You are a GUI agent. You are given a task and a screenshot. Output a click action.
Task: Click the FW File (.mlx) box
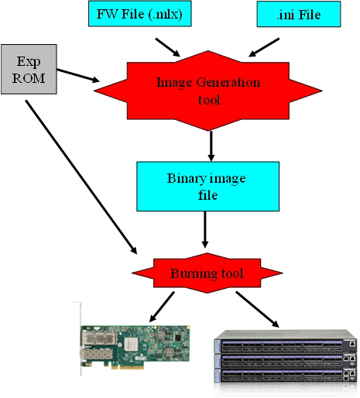[x=140, y=13]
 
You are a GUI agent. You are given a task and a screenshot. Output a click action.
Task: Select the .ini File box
[x=299, y=14]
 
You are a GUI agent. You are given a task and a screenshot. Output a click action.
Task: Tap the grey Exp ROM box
[x=29, y=69]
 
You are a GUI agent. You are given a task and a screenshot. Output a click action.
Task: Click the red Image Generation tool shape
[x=208, y=91]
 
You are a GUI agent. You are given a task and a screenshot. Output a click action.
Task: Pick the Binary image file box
[x=207, y=187]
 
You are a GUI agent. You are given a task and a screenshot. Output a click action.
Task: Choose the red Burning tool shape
[x=207, y=273]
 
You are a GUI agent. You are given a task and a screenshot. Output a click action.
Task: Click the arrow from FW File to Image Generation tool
[x=168, y=47]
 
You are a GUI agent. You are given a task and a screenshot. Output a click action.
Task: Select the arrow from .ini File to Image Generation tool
[x=264, y=47]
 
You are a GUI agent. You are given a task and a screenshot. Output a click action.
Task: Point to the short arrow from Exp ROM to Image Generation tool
[x=78, y=76]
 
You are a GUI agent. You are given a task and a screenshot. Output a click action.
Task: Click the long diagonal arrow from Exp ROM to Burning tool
[x=81, y=177]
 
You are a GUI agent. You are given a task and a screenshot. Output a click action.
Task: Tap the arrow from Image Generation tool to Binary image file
[x=211, y=146]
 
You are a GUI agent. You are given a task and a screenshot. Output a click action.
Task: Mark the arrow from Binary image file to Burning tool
[x=205, y=229]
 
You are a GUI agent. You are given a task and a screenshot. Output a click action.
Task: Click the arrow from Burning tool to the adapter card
[x=162, y=307]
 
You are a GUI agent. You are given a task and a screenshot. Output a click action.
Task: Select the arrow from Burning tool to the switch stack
[x=257, y=310]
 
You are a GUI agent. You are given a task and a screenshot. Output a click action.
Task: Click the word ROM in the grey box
[x=29, y=78]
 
